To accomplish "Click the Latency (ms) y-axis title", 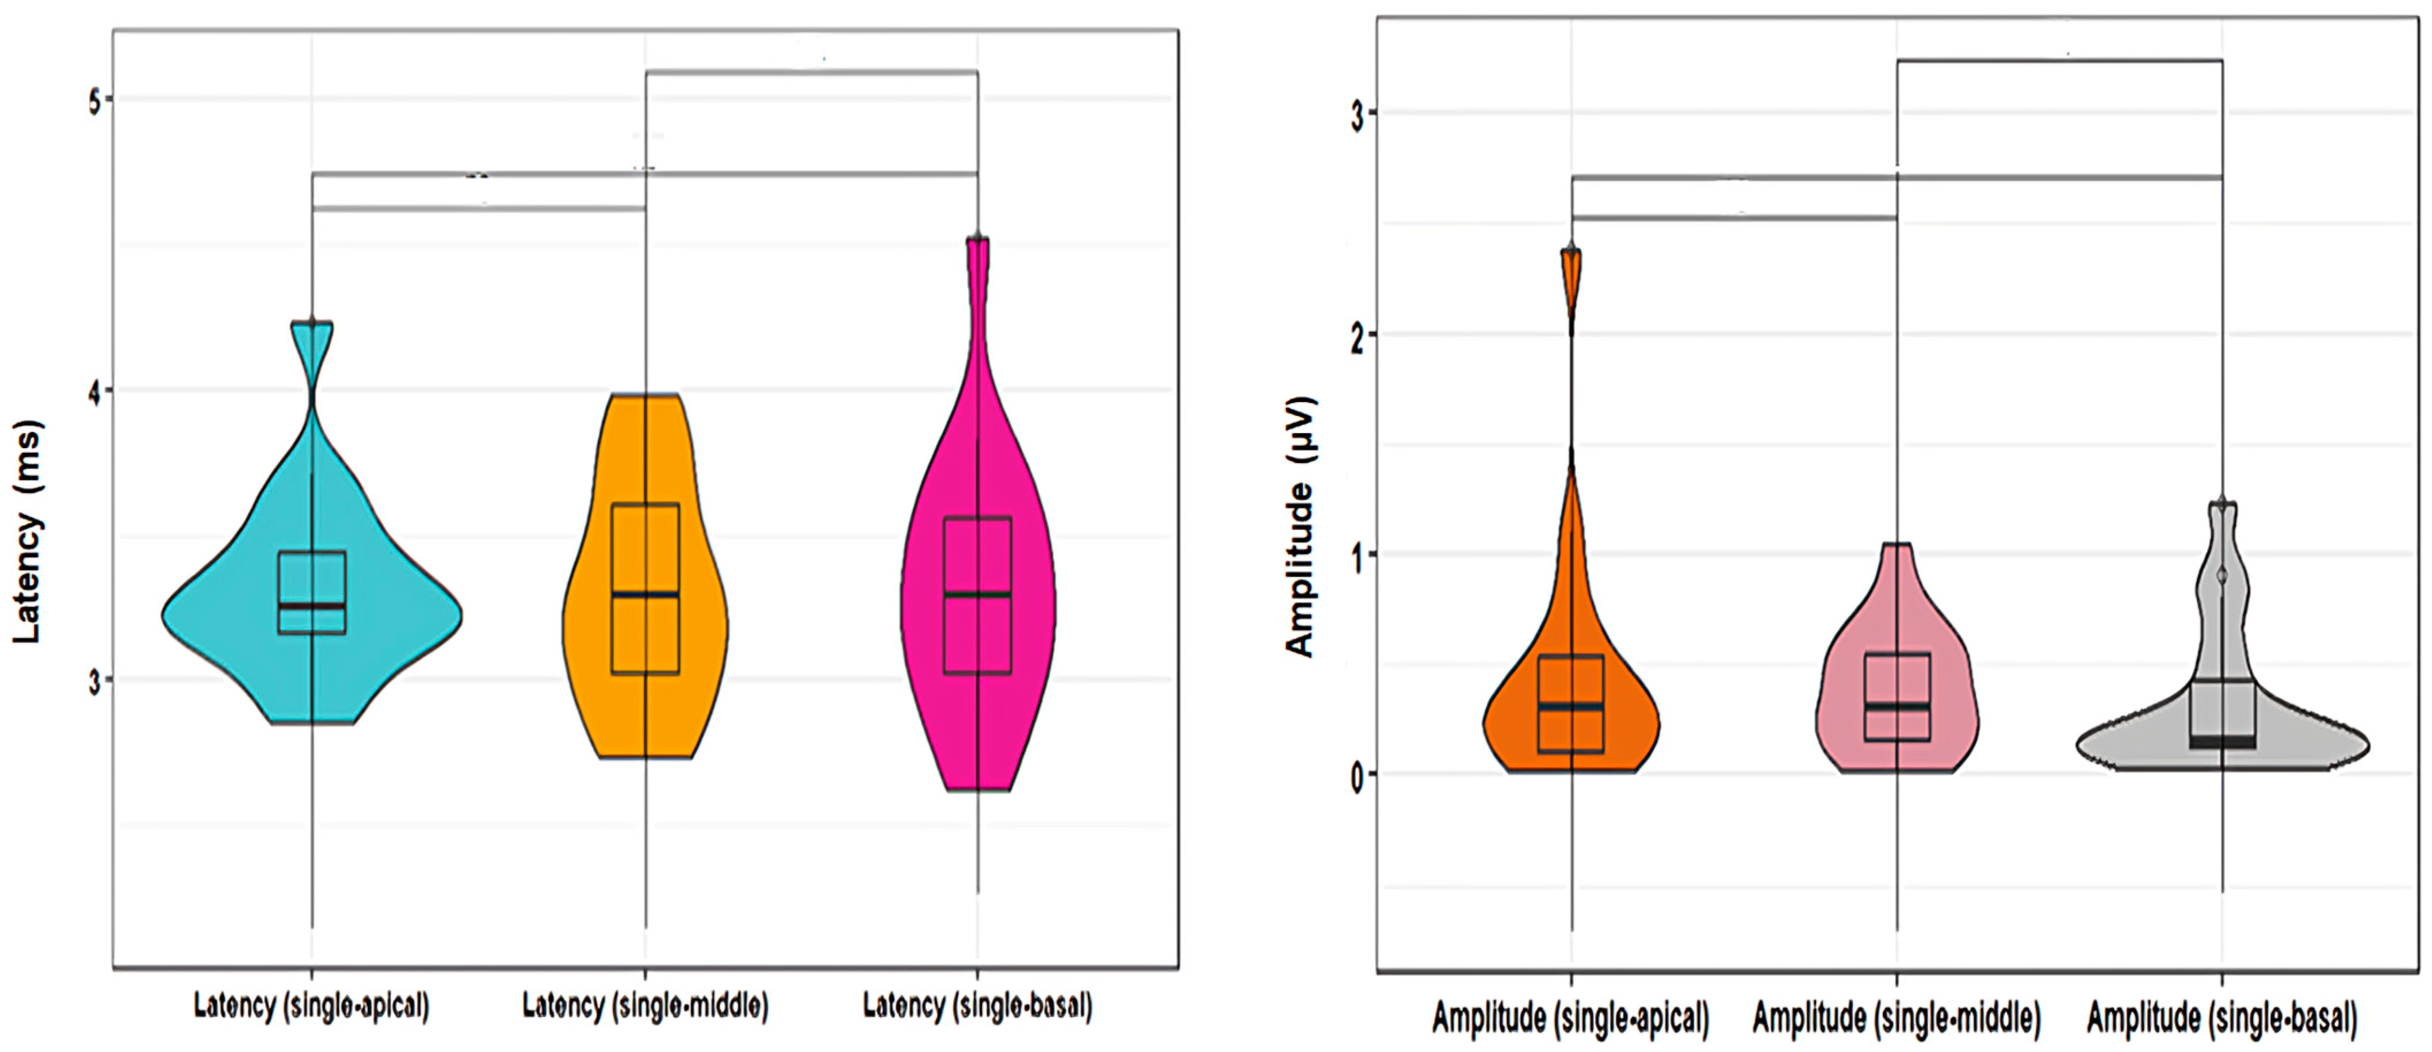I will point(28,531).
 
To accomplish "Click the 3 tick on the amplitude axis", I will point(1357,115).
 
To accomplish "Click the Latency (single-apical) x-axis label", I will point(312,1007).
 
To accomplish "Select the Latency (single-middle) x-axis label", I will point(646,1007).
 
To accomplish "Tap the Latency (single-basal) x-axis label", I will point(978,1007).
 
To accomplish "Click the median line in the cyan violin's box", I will point(312,605).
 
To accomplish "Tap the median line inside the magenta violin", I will point(978,594).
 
